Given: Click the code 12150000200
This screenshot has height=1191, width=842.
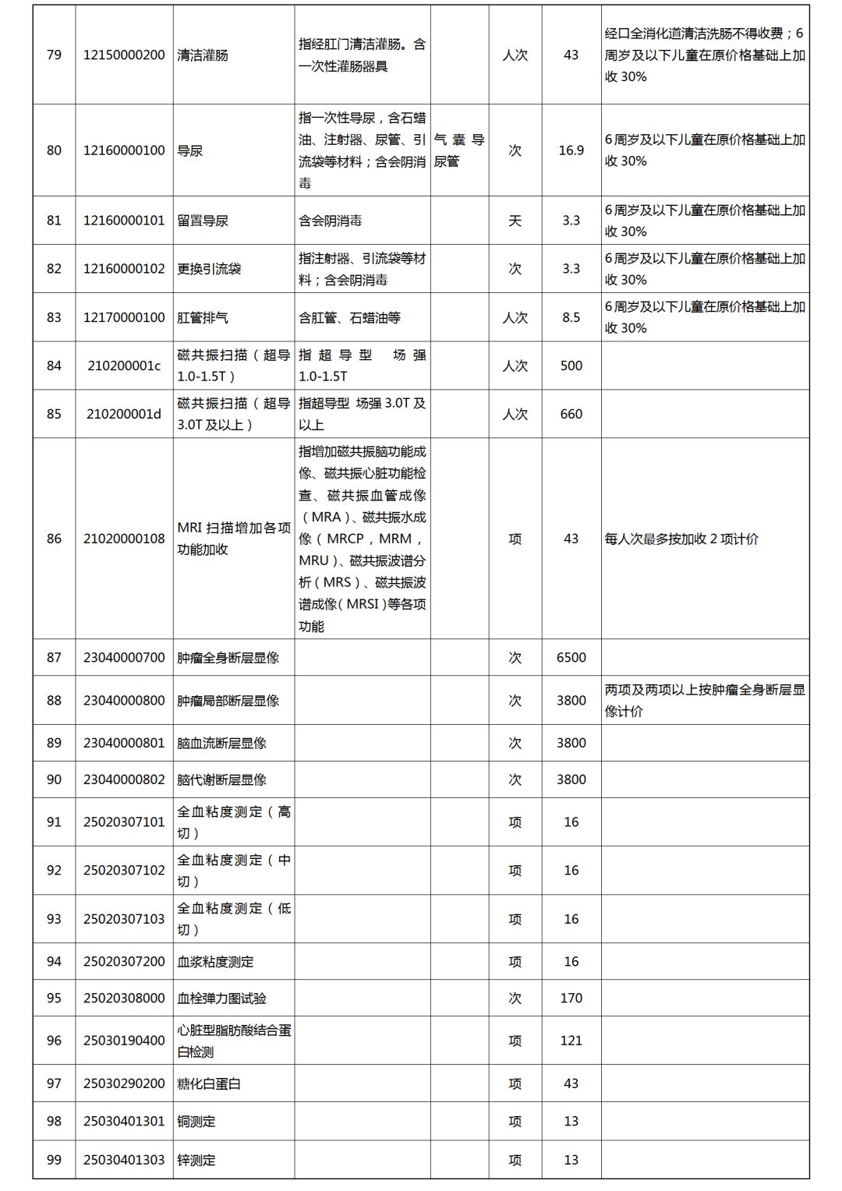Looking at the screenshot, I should point(124,55).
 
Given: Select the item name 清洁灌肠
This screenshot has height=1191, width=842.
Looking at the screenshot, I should point(203,55).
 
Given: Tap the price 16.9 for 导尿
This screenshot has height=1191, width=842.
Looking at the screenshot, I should point(571,150).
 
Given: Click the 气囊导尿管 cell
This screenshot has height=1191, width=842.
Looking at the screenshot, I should point(459,150).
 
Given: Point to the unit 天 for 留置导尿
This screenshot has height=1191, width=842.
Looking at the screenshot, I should point(515,221).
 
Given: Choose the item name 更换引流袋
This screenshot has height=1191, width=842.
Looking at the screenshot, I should point(209,269).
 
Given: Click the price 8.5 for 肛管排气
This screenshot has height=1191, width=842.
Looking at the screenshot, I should point(571,318).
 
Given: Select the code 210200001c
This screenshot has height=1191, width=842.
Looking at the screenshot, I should point(124,366).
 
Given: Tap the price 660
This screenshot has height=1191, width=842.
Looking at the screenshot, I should point(571,414).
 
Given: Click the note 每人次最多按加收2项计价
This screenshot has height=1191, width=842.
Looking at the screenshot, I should point(681,539).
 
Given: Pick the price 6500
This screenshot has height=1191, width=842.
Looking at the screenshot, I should point(571,658).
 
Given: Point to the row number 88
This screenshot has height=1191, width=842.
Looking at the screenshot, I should point(54,701).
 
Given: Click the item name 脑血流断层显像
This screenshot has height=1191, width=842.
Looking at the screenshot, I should point(221,743).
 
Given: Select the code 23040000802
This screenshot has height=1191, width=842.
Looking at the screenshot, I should point(124,779).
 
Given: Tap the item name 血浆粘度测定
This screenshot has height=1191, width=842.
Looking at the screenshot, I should point(215,962).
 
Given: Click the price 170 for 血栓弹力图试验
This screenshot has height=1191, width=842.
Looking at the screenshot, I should point(571,998).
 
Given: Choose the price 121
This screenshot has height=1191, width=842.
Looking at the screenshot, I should point(571,1041).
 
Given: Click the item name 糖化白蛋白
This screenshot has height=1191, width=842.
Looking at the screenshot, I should point(209,1084).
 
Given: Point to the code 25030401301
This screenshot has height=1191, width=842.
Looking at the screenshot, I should point(124,1122).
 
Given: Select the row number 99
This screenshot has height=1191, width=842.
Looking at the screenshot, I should point(54,1160).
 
